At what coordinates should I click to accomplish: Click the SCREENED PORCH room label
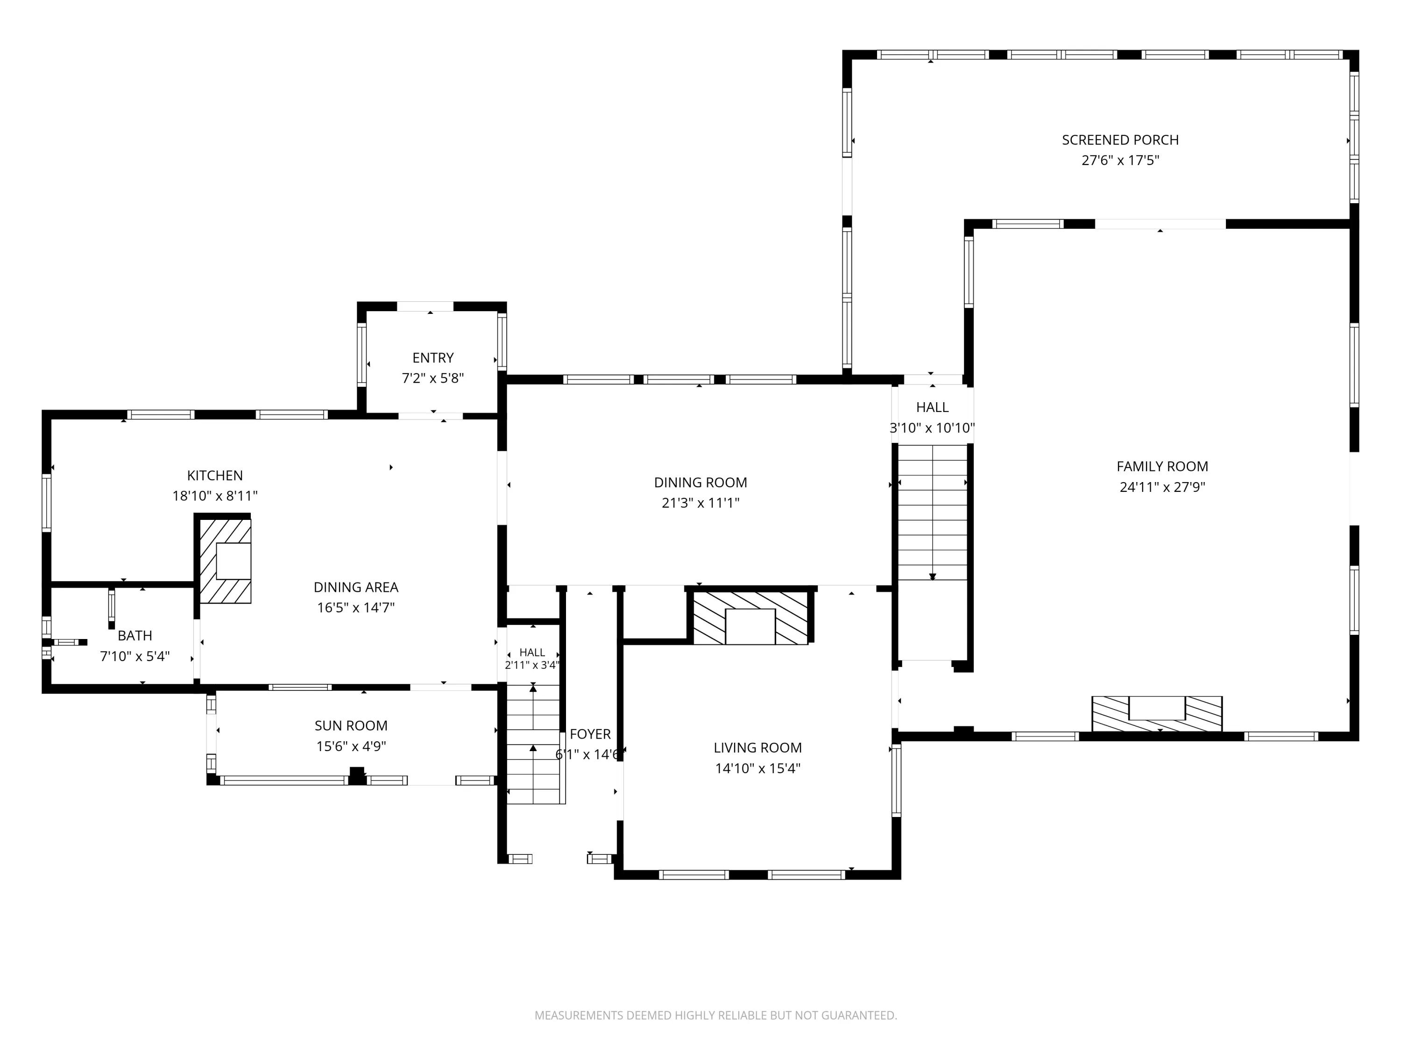[1120, 140]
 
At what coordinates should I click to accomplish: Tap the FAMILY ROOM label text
[1162, 467]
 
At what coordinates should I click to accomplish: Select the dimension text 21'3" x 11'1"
[700, 503]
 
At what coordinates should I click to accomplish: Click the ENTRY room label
[433, 358]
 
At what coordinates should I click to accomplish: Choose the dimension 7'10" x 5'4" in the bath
[135, 656]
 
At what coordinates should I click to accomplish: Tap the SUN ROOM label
[351, 726]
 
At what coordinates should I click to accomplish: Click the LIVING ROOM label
[757, 748]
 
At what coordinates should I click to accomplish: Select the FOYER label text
[590, 734]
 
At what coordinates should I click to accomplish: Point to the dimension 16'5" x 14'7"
[356, 608]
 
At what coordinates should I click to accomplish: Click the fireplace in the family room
[1156, 714]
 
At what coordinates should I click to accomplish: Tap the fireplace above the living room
[750, 618]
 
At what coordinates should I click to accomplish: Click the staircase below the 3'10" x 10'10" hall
[932, 512]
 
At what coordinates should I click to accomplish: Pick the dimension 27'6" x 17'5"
[1120, 160]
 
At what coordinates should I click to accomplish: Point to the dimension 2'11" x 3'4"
[532, 665]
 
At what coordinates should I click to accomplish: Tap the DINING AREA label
[356, 587]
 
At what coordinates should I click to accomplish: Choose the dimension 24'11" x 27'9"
[1162, 487]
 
